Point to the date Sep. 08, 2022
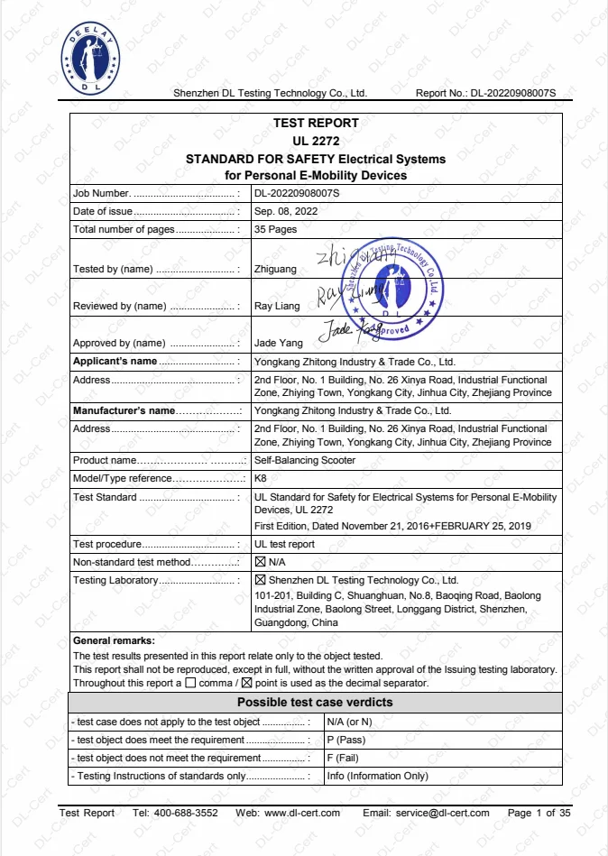coord(286,211)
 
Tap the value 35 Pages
coord(275,229)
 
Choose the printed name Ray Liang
coord(277,307)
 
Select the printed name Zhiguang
coord(277,270)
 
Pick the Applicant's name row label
coord(115,362)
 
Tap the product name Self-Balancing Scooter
coord(305,461)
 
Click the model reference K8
coord(261,478)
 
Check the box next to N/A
coord(261,562)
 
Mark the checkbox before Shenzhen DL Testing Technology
coord(261,580)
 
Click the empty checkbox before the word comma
coord(189,683)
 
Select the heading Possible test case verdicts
coord(314,703)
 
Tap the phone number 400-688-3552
coord(189,813)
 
